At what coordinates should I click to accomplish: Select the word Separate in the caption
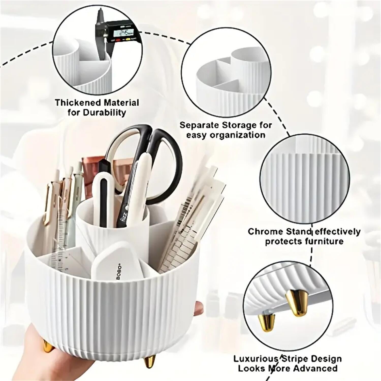(x=200, y=125)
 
